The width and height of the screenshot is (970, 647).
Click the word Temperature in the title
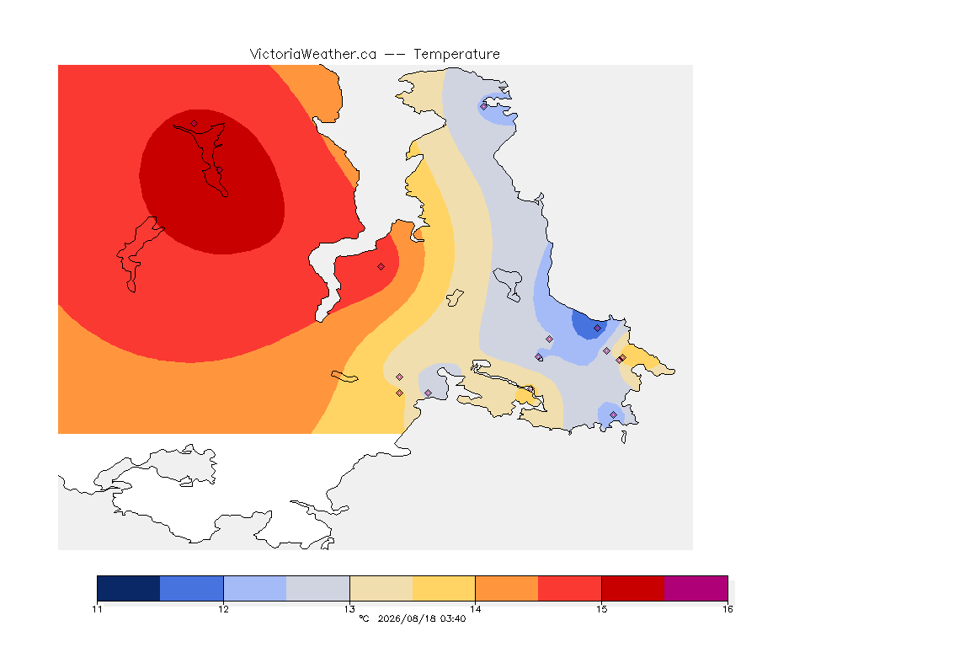click(456, 55)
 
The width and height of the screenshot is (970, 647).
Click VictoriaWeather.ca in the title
click(313, 55)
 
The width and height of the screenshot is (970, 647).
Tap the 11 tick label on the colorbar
click(97, 609)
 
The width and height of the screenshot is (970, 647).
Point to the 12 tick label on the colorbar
click(223, 609)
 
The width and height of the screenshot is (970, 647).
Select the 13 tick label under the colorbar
click(349, 609)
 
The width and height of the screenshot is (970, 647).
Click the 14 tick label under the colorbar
click(475, 609)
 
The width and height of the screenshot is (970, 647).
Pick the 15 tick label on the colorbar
click(601, 609)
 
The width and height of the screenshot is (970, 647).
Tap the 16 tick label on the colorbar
click(727, 609)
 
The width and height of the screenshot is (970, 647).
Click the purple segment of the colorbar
click(696, 588)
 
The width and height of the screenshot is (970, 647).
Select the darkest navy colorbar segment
click(129, 588)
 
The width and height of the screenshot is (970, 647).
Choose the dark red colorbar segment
click(633, 588)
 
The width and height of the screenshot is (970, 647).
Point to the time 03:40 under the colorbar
click(454, 618)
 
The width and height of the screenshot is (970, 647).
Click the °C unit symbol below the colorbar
click(364, 618)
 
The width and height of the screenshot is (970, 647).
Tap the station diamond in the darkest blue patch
click(597, 329)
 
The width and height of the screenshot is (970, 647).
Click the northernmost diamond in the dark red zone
click(195, 123)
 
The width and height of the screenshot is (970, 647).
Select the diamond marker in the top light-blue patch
click(484, 106)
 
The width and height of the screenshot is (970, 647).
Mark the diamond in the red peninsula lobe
click(381, 267)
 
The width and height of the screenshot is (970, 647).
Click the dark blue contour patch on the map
click(589, 323)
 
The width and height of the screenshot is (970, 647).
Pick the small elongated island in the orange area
click(344, 377)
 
